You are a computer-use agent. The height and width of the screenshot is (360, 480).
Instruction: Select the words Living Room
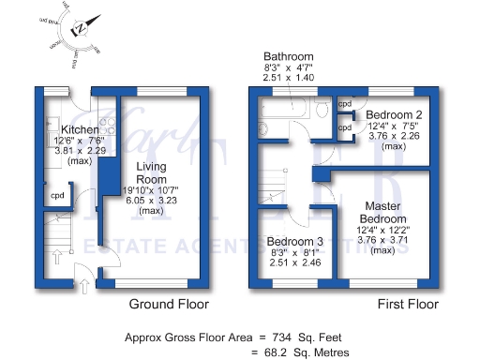pyautogui.click(x=152, y=172)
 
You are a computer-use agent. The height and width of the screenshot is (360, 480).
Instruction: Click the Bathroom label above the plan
pyautogui.click(x=288, y=56)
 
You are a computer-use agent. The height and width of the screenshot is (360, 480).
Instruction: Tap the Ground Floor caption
pyautogui.click(x=169, y=305)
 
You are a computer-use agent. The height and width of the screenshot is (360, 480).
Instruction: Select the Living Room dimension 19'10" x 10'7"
pyautogui.click(x=152, y=190)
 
